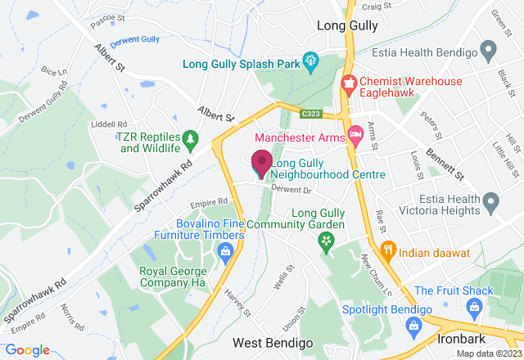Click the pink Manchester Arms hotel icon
pos(356,133)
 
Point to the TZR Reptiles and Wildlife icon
pos(191,140)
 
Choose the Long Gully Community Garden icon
pos(327,241)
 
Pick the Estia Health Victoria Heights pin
pos(490,200)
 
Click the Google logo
pos(28,350)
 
